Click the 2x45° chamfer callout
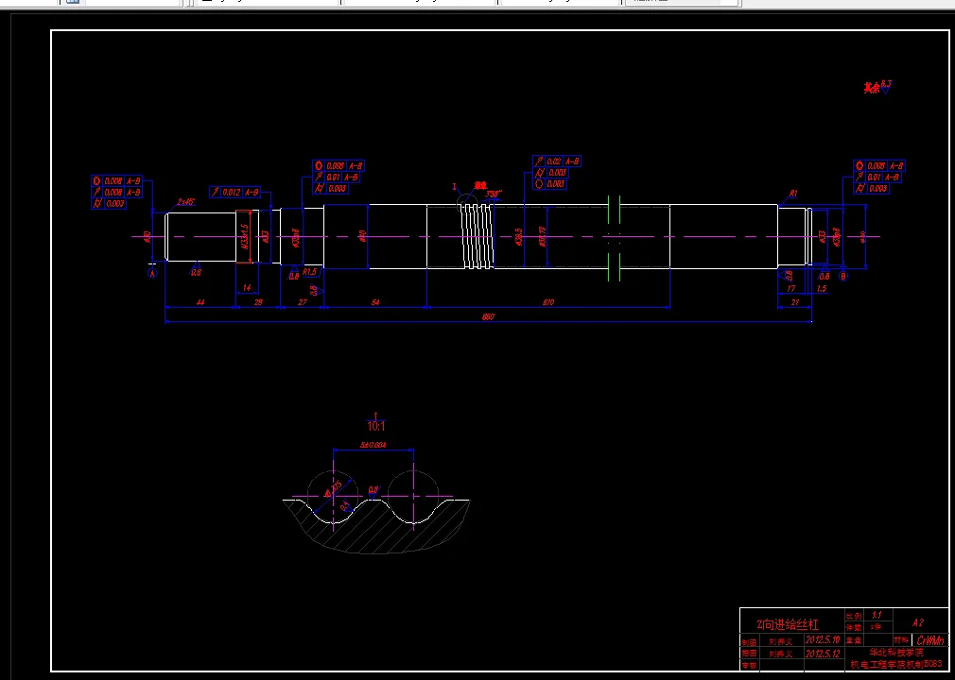tap(185, 202)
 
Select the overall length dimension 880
tap(488, 317)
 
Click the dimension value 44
tap(200, 302)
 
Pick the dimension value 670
tap(548, 302)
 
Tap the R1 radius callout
tap(793, 194)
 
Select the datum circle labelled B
tap(843, 276)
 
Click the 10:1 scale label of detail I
tap(376, 426)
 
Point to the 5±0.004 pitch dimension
tap(373, 445)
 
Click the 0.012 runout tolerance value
tap(231, 193)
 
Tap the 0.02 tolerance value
tap(554, 161)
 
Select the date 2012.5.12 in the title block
tap(819, 653)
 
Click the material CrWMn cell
tap(930, 640)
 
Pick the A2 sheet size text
tap(917, 622)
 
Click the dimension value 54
tap(375, 302)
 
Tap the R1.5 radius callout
tap(309, 272)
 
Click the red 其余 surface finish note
tap(871, 88)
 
